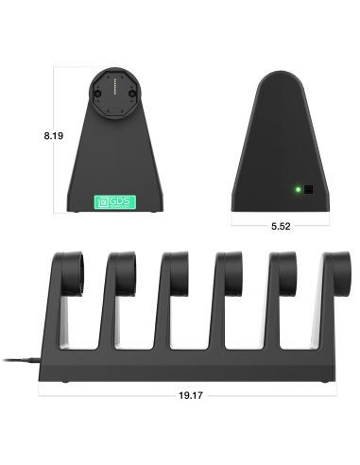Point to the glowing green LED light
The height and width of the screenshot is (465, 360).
click(x=298, y=190)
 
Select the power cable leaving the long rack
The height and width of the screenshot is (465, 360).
click(x=19, y=359)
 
